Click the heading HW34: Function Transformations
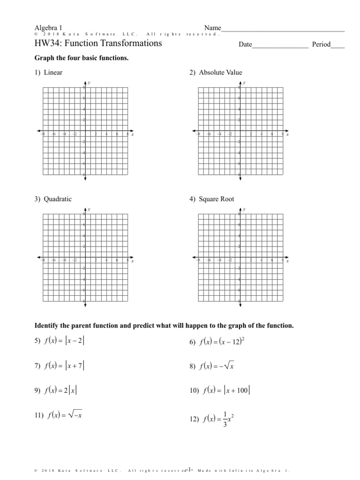coord(98,44)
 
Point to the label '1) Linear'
coord(48,72)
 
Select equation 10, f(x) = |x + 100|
coord(221,390)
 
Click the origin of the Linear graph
coord(85,131)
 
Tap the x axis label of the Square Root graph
coord(287,261)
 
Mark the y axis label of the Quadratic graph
coord(89,210)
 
